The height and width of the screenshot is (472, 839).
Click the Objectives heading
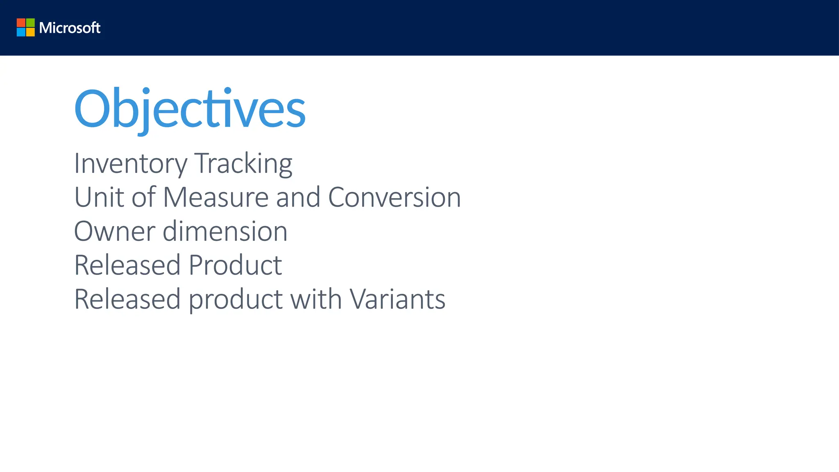tap(190, 109)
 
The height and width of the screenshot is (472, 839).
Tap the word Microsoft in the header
tap(70, 28)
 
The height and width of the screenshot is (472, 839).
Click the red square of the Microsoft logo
tap(21, 23)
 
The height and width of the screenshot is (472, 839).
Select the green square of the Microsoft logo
tap(30, 23)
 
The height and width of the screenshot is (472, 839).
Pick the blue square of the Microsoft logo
tap(21, 32)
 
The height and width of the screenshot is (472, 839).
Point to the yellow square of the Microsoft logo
tap(30, 32)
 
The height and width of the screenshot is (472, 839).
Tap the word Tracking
tap(243, 163)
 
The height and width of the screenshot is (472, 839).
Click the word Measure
tap(215, 197)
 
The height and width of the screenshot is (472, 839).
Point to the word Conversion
tap(395, 197)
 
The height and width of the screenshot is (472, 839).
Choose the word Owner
tap(114, 231)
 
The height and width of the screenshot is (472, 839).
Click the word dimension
tap(225, 231)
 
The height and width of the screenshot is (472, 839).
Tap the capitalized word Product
tap(235, 265)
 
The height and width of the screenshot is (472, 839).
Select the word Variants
tap(397, 299)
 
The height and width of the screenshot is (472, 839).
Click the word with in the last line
tap(316, 299)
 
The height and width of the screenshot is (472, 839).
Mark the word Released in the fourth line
tap(127, 265)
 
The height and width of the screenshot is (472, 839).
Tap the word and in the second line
tap(298, 197)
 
